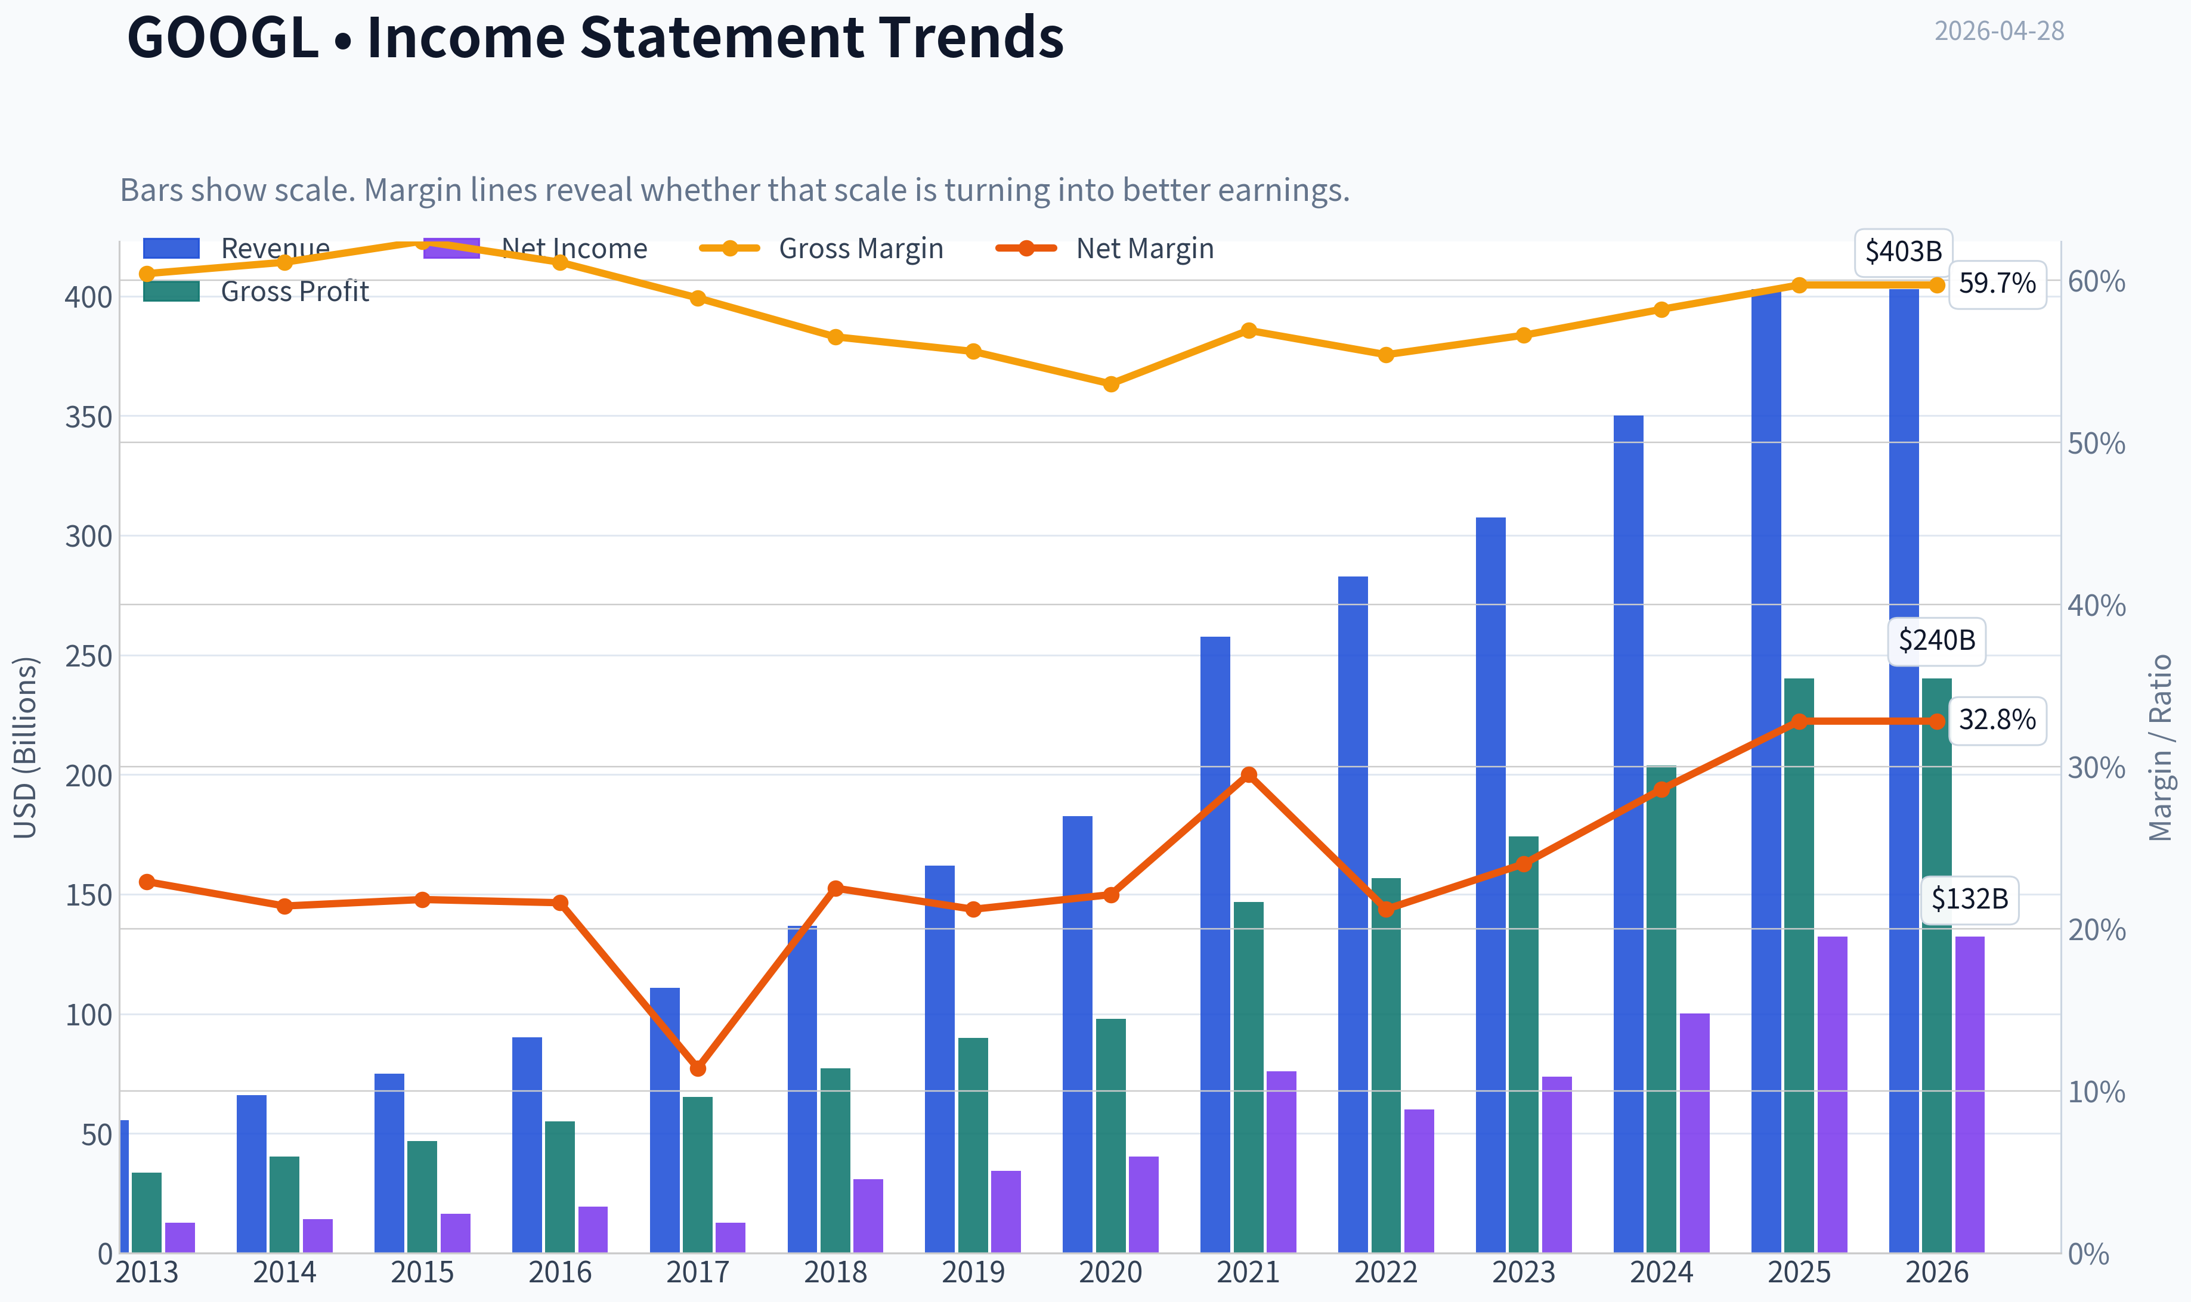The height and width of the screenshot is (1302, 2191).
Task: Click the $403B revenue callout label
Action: coord(1903,252)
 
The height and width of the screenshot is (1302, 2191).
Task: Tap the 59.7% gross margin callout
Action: coord(1997,283)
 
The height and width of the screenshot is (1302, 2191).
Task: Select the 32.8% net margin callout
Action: coord(1997,720)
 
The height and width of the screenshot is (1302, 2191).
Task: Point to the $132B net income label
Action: coord(1970,899)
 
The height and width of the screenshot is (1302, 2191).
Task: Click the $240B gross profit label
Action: coord(1936,640)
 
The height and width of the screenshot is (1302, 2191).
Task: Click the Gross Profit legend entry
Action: coord(256,292)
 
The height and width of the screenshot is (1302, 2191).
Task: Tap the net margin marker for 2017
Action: coord(698,1069)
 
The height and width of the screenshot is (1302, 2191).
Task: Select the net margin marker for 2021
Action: coord(1249,775)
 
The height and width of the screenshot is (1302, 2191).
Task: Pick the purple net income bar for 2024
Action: coord(1694,1133)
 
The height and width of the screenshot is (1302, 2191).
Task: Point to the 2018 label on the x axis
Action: coord(835,1272)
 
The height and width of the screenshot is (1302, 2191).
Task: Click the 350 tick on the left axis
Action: coord(89,417)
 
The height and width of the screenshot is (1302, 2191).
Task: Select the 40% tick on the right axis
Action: coord(2096,605)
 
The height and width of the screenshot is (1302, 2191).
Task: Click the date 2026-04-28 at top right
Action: coord(1999,31)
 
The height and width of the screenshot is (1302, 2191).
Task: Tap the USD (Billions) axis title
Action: coord(26,748)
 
